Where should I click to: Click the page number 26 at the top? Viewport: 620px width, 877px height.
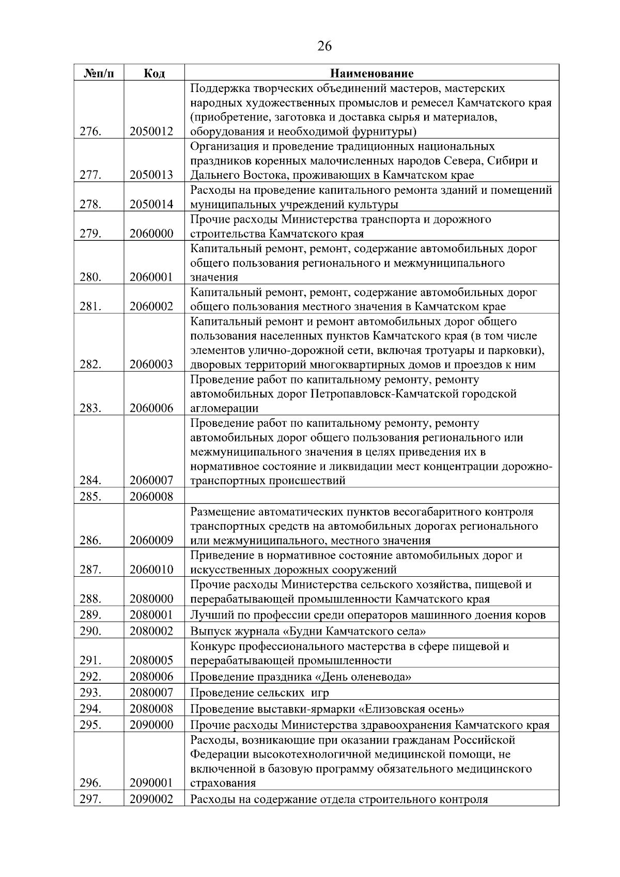point(324,47)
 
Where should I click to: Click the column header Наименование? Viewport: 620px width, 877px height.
point(372,73)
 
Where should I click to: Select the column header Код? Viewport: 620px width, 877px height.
point(154,73)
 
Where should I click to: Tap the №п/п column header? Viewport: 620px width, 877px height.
point(98,73)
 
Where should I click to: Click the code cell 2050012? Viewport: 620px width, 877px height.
point(151,132)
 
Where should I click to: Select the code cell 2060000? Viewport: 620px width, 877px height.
point(151,234)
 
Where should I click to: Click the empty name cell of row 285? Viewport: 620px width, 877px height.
point(372,497)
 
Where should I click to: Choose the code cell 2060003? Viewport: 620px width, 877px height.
point(151,365)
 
